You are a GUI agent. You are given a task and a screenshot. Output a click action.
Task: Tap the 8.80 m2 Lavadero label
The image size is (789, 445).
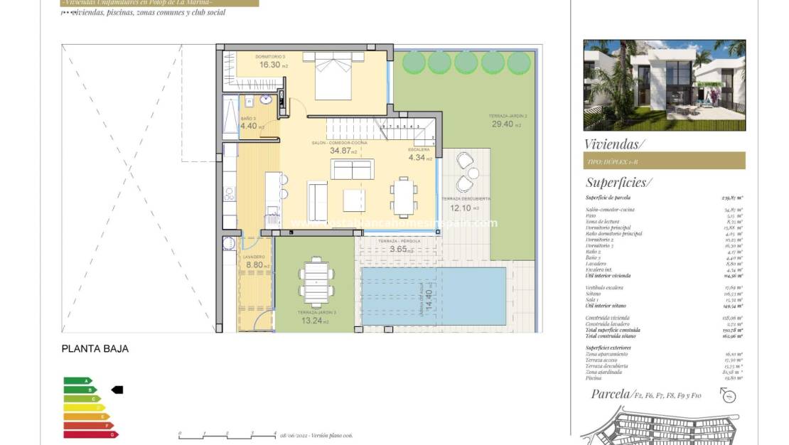coord(254,264)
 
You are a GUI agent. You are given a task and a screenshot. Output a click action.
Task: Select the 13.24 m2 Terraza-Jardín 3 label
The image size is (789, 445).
coord(312,321)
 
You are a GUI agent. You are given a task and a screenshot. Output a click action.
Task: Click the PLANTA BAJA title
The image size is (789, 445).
coord(95,349)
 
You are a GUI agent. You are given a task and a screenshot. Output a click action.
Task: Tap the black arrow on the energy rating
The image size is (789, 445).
coord(118,390)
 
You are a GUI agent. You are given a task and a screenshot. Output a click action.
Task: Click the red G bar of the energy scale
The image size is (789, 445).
coord(90,434)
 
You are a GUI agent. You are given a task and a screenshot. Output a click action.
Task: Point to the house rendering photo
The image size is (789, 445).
coord(664,85)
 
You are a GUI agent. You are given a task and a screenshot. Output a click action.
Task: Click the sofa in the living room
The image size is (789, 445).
coord(352,169)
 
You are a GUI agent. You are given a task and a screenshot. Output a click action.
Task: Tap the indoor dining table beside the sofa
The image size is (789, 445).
coord(404,197)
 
